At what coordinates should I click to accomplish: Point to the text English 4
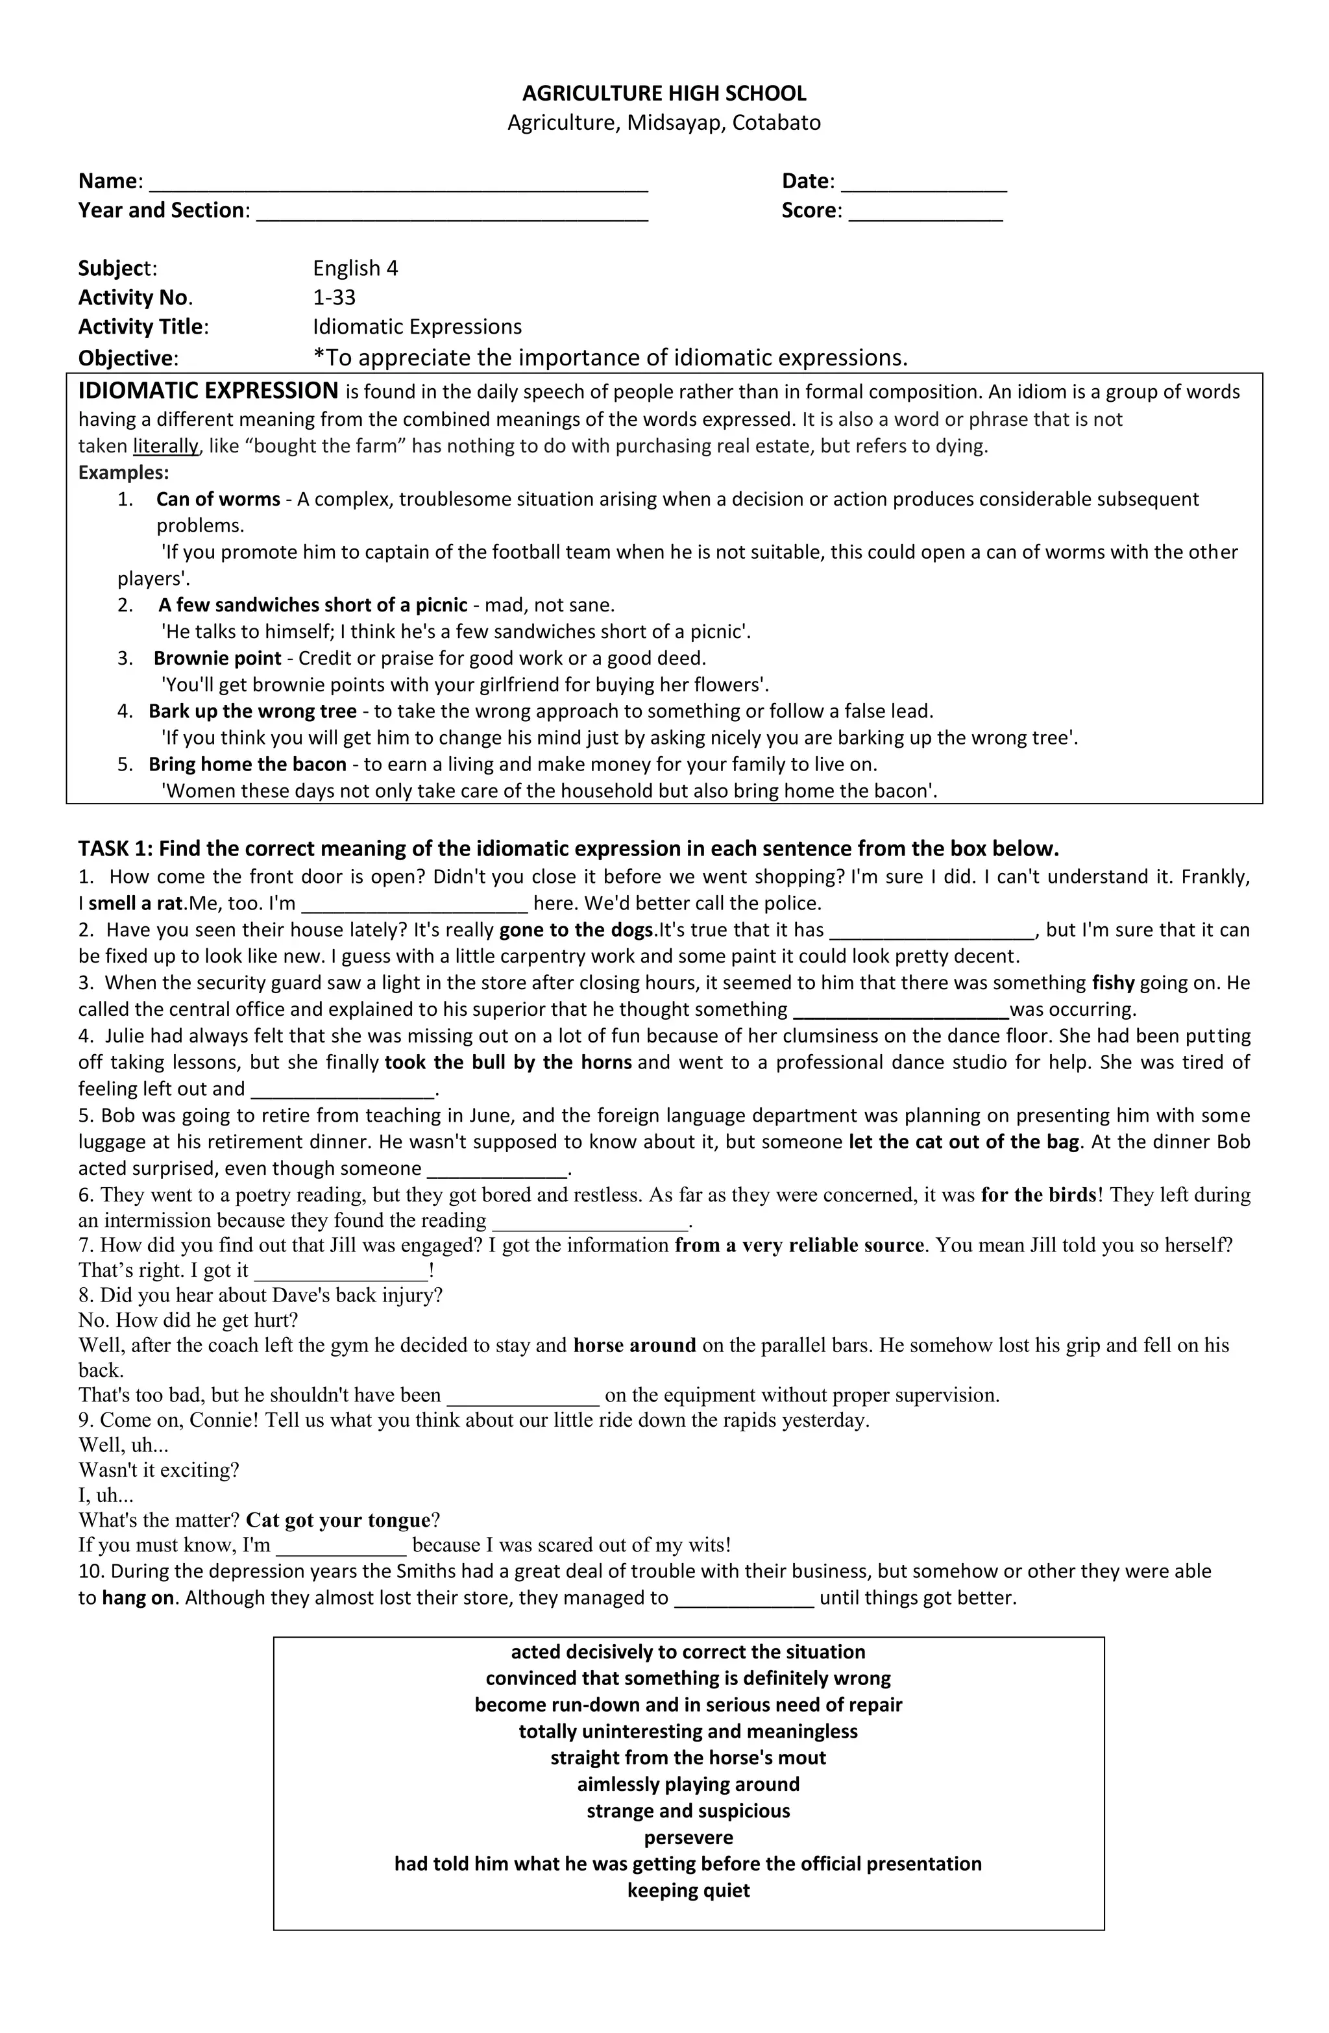click(356, 268)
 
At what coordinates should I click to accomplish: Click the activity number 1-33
click(334, 297)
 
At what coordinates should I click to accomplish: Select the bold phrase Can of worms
click(218, 500)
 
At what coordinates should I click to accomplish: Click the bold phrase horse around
click(635, 1346)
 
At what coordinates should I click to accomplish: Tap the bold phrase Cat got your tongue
click(338, 1520)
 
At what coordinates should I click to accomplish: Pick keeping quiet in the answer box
click(689, 1890)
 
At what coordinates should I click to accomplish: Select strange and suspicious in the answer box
click(689, 1811)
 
